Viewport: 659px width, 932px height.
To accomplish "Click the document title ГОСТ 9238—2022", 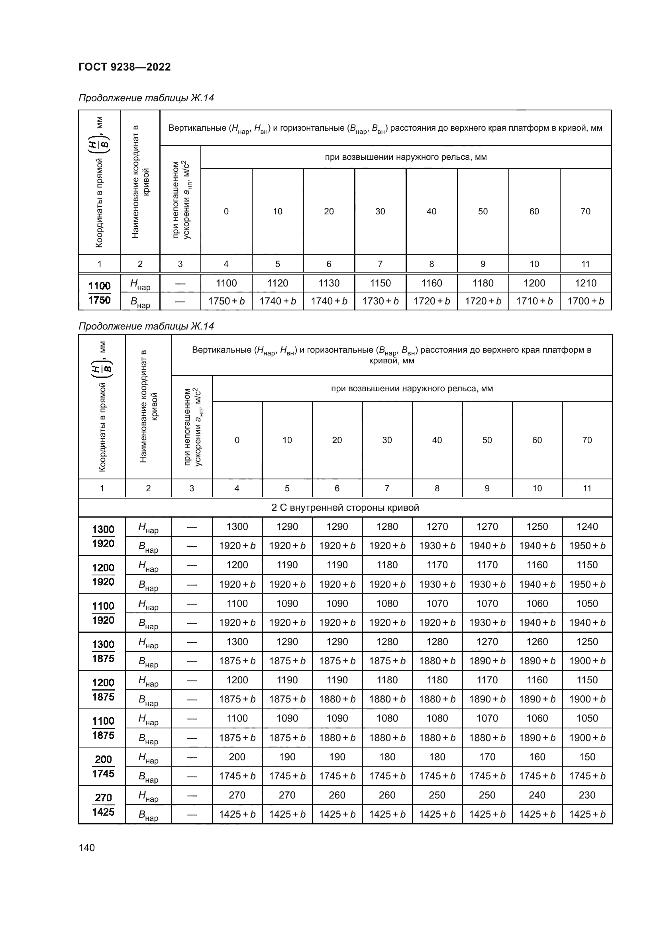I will (x=125, y=67).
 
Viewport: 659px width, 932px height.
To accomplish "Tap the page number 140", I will (x=86, y=848).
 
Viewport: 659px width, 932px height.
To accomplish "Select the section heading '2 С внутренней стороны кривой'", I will (x=345, y=507).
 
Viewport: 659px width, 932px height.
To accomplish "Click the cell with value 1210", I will (x=585, y=283).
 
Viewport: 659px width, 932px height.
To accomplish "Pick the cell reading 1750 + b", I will (x=226, y=301).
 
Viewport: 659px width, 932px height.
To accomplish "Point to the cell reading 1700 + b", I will (x=585, y=301).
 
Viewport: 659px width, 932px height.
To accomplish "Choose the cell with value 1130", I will (x=329, y=283).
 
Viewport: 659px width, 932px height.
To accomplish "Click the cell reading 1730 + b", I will (x=380, y=301).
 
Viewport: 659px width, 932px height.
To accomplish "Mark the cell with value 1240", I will (x=587, y=526).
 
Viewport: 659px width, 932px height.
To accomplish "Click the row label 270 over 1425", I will (x=103, y=804).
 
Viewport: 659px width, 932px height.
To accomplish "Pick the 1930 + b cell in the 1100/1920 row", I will (x=487, y=622).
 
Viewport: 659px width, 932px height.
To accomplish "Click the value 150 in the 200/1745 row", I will (x=587, y=757).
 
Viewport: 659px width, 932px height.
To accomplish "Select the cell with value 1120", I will (x=278, y=283).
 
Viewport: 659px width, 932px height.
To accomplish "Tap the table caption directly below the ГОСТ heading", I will (x=146, y=98).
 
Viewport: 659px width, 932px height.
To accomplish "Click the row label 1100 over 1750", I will (x=100, y=293).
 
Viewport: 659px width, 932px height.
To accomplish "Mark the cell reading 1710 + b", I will (x=534, y=301).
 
